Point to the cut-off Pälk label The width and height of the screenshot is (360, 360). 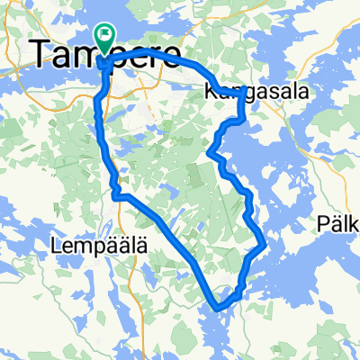[x=339, y=222]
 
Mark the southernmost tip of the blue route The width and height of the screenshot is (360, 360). [x=217, y=307]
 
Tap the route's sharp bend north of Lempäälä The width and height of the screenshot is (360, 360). [x=114, y=191]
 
